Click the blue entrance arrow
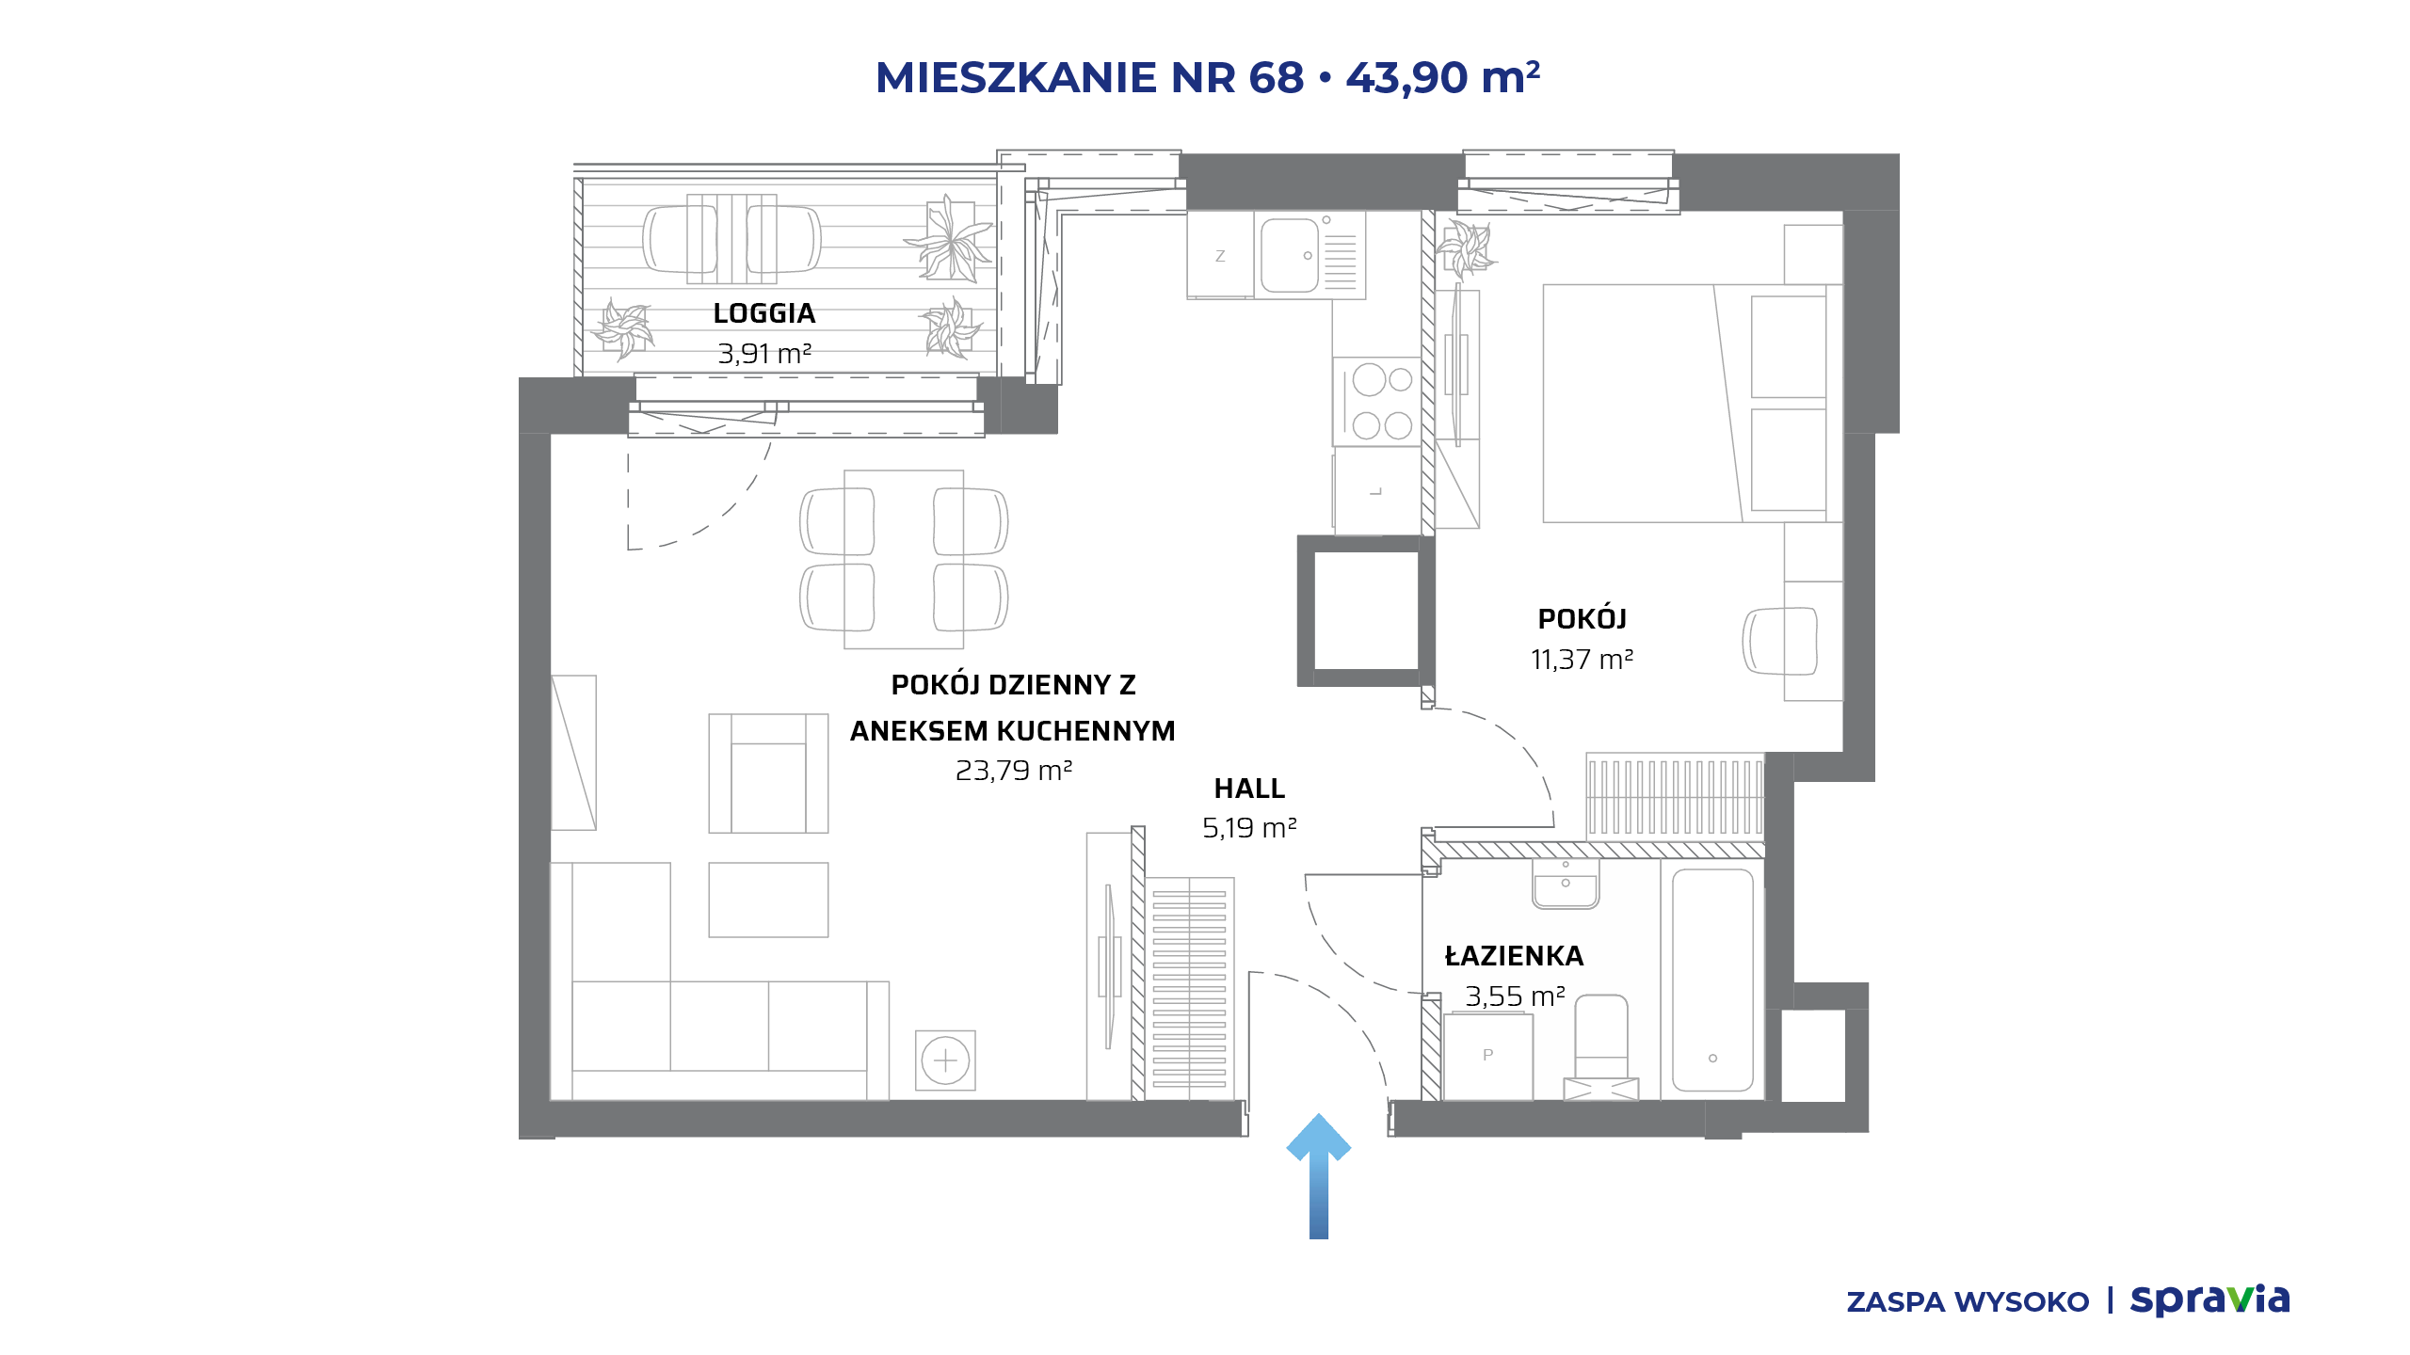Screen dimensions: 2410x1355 click(x=1318, y=1176)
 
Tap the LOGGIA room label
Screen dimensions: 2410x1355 click(x=763, y=313)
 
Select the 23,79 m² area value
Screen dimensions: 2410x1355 click(x=1014, y=771)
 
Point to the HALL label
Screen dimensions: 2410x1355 click(x=1249, y=789)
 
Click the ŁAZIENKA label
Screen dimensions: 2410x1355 click(x=1514, y=955)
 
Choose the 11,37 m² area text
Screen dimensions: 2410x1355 click(x=1582, y=660)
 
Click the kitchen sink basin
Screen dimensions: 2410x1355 click(x=1290, y=255)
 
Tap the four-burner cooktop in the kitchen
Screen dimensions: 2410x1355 click(x=1376, y=402)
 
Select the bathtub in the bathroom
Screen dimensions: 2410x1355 click(x=1712, y=980)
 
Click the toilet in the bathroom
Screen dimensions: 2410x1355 click(x=1601, y=1047)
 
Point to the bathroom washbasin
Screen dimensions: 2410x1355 click(x=1566, y=884)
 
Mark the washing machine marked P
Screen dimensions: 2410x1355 click(x=1488, y=1056)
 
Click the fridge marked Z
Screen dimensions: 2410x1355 click(x=1220, y=255)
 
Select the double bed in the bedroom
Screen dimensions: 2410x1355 click(x=1693, y=403)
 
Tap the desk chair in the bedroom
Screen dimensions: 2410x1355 click(x=1780, y=641)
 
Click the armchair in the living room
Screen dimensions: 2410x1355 click(x=768, y=773)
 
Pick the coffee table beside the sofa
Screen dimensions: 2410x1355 click(x=768, y=900)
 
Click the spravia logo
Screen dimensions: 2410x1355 click(x=2209, y=1300)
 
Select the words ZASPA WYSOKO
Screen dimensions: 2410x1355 click(x=1968, y=1302)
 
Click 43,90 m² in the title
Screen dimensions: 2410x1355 click(x=1443, y=77)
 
